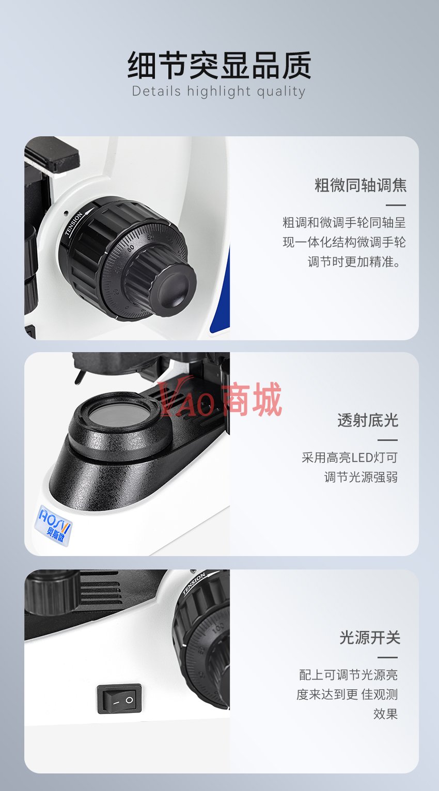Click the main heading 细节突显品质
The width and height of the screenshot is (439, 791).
click(x=219, y=65)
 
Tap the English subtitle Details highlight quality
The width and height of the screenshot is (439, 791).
click(x=218, y=91)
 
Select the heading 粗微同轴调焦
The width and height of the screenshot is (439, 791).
click(x=360, y=185)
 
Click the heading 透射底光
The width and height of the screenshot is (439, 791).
click(x=368, y=420)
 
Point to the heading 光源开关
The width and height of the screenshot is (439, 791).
click(x=370, y=638)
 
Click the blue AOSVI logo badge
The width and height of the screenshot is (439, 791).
click(x=54, y=525)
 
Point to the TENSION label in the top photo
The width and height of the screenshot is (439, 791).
click(x=74, y=223)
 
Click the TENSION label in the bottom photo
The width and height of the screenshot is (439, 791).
click(x=194, y=583)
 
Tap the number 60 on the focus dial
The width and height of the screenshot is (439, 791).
click(x=130, y=248)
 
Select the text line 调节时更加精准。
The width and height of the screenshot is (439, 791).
click(x=354, y=262)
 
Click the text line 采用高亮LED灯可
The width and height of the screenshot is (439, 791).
click(x=350, y=457)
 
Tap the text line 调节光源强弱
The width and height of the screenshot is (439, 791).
click(x=361, y=477)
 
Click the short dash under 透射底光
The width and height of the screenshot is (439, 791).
click(x=387, y=440)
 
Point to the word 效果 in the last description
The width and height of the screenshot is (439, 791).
click(x=385, y=714)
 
